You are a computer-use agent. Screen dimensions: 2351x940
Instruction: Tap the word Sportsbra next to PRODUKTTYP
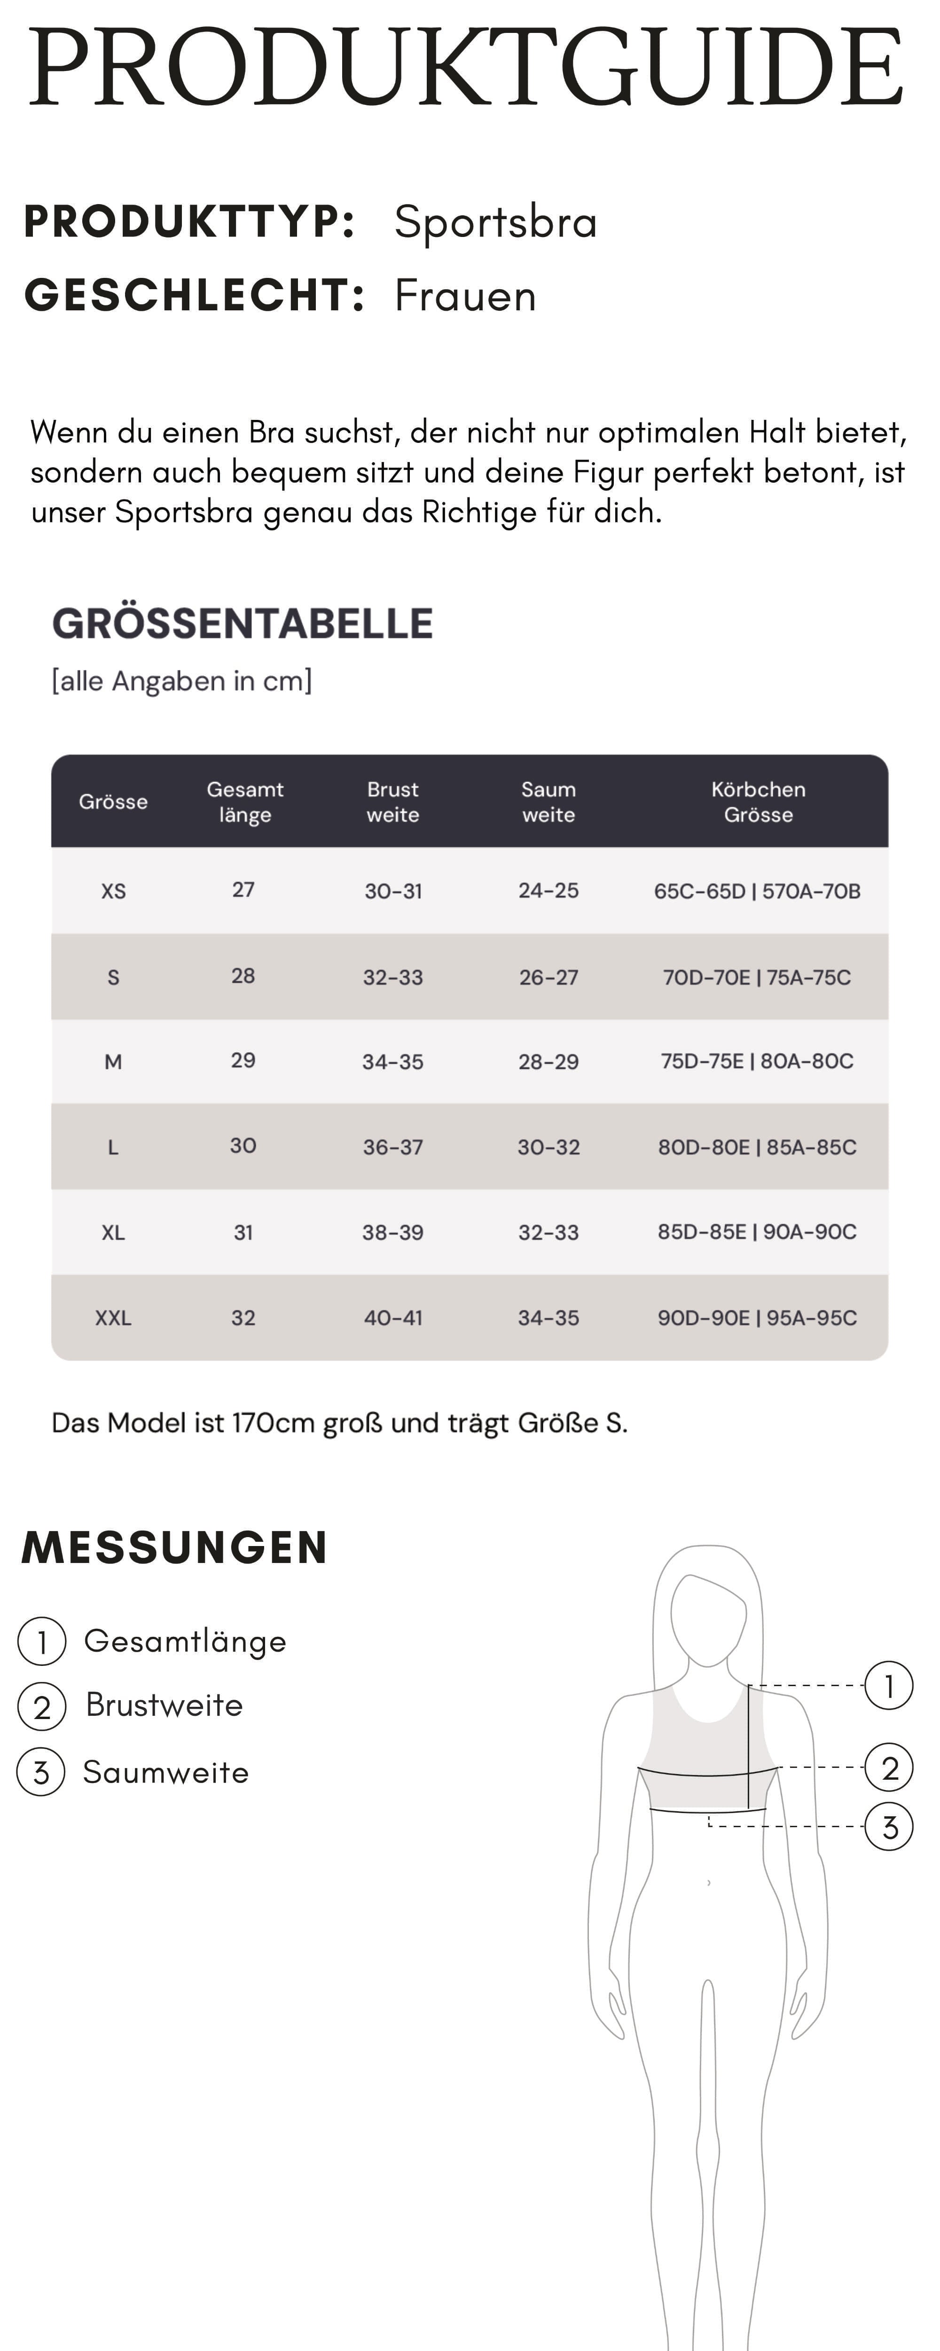[x=495, y=222]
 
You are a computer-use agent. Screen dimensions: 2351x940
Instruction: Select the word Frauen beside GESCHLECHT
[x=464, y=296]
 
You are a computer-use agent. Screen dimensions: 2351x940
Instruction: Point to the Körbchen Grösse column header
[x=758, y=801]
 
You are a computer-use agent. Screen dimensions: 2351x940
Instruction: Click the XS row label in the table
[x=113, y=891]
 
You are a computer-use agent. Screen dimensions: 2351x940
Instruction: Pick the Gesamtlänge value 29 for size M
[x=243, y=1060]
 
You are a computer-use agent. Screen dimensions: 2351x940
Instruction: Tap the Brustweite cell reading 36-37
[x=392, y=1147]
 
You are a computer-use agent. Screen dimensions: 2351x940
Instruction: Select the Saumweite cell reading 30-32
[x=548, y=1147]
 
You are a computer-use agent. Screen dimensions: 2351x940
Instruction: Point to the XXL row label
[x=113, y=1318]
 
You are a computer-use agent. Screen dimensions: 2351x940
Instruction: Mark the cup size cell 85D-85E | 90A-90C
[x=757, y=1232]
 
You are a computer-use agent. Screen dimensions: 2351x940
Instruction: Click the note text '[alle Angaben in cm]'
[x=181, y=681]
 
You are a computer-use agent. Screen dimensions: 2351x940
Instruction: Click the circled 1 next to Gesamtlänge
[x=42, y=1641]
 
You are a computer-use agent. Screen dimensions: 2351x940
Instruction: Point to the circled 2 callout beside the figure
[x=889, y=1768]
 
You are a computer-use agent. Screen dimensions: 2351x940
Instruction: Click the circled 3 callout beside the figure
[x=889, y=1826]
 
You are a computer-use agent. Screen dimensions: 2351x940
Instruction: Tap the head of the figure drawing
[x=708, y=1616]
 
